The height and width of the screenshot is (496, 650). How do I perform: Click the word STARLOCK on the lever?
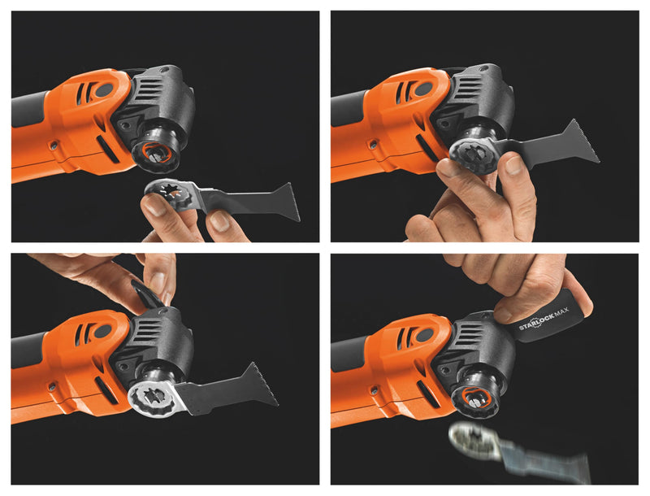536,320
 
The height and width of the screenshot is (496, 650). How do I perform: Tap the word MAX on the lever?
561,311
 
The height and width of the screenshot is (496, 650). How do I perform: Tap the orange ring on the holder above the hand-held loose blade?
156,154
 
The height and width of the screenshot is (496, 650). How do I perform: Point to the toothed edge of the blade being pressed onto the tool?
586,141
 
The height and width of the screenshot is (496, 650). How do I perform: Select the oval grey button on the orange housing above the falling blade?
422,334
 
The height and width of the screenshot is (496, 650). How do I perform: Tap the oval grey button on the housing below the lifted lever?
102,332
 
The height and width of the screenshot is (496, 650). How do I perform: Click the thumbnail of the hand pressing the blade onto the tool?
514,166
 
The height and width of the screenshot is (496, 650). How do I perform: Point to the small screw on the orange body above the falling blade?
375,389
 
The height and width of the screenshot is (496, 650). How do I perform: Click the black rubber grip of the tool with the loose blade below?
30,109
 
